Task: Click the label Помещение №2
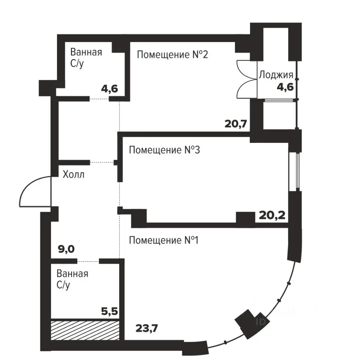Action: pyautogui.click(x=172, y=55)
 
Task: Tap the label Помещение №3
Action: pyautogui.click(x=164, y=150)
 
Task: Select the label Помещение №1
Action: pyautogui.click(x=164, y=240)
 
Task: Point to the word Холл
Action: pyautogui.click(x=73, y=174)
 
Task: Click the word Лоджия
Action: pyautogui.click(x=276, y=75)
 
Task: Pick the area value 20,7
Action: pyautogui.click(x=236, y=124)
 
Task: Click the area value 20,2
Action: pyautogui.click(x=272, y=215)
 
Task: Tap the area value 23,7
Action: pyautogui.click(x=147, y=328)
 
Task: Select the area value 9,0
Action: pyautogui.click(x=66, y=249)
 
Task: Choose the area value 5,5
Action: pyautogui.click(x=109, y=312)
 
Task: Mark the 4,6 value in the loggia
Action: pyautogui.click(x=285, y=87)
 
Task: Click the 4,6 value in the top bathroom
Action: pyautogui.click(x=109, y=88)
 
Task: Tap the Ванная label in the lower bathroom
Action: pyautogui.click(x=72, y=274)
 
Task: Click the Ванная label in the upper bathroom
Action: pyautogui.click(x=86, y=52)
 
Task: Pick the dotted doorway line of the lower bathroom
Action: pyautogui.click(x=88, y=261)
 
